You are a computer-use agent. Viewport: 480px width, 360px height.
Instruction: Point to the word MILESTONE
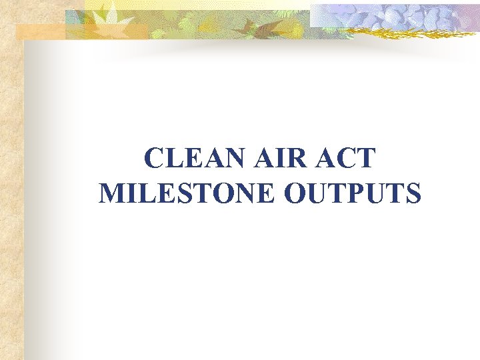pyautogui.click(x=187, y=193)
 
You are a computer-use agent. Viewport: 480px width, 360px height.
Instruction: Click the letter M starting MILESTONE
pyautogui.click(x=111, y=193)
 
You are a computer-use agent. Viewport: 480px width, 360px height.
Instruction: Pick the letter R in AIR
pyautogui.click(x=292, y=161)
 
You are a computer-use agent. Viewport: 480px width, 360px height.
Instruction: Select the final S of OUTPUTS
pyautogui.click(x=413, y=193)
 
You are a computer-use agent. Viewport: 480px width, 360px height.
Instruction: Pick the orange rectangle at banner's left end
pyautogui.click(x=40, y=32)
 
